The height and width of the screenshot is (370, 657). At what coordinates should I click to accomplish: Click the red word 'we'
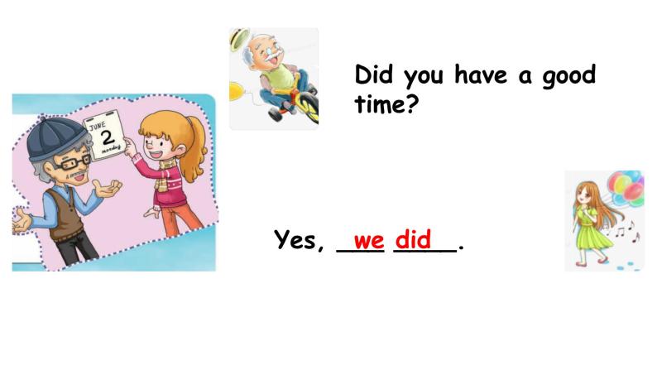click(368, 240)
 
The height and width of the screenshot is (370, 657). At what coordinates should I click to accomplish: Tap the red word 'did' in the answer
click(413, 239)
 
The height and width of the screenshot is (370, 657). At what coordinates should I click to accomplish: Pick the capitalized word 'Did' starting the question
click(374, 75)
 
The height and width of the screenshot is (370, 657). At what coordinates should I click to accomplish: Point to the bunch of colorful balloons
click(626, 190)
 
